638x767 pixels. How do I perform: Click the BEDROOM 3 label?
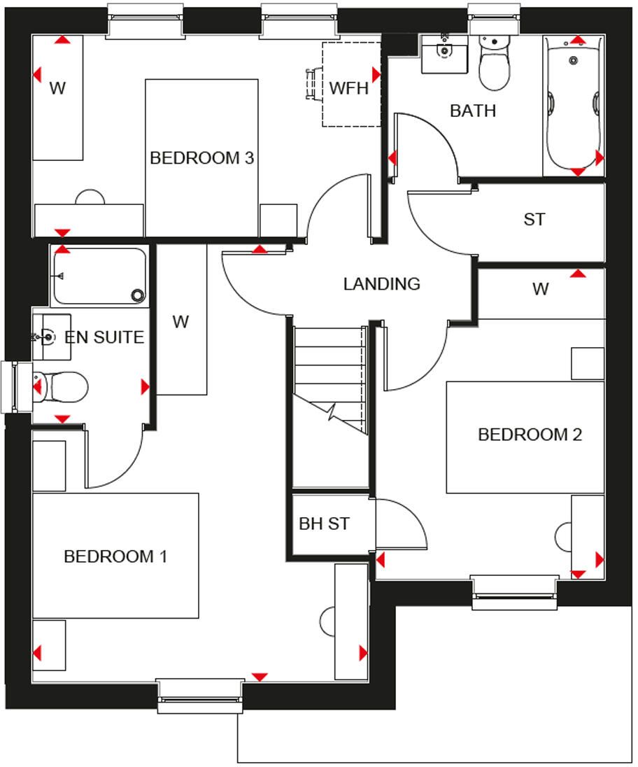tap(202, 158)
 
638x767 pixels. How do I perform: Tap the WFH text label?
tap(348, 88)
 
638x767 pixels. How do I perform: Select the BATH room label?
tap(473, 111)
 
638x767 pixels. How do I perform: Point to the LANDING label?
tap(382, 283)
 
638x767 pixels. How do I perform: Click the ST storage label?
tap(534, 219)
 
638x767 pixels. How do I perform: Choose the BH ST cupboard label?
tap(325, 524)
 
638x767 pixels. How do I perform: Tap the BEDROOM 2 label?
tap(530, 435)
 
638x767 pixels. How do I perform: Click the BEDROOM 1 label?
tap(115, 556)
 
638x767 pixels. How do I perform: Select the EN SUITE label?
tap(104, 337)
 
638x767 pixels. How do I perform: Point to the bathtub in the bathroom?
tap(574, 106)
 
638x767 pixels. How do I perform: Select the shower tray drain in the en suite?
tap(139, 295)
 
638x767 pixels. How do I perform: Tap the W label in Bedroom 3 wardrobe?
tap(57, 89)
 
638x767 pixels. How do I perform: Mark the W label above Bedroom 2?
tap(541, 289)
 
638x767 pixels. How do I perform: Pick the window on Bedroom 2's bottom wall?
tap(514, 592)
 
